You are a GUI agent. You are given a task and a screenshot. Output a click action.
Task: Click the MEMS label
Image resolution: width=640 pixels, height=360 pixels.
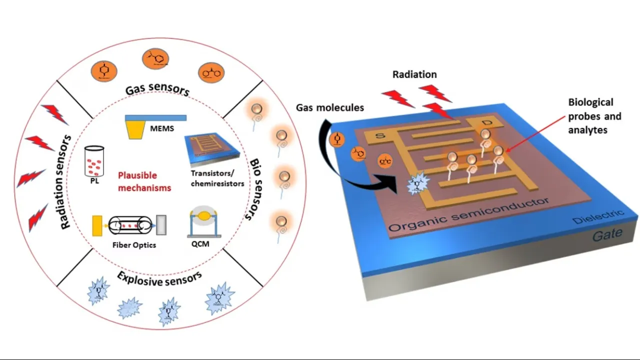162,129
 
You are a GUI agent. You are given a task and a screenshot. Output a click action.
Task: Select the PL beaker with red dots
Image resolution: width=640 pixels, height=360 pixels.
94,160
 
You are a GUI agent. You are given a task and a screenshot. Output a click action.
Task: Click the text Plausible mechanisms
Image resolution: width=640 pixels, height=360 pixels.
144,181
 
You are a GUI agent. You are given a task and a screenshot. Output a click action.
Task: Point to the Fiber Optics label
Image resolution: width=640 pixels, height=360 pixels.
134,245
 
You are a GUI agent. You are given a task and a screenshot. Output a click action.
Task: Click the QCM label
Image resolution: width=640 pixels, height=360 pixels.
199,244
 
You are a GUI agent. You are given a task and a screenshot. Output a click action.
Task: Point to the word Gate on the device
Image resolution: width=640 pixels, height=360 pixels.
607,233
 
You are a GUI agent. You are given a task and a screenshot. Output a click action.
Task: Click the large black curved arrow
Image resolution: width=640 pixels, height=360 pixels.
340,150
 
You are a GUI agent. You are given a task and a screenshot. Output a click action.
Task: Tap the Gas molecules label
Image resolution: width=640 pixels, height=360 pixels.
329,107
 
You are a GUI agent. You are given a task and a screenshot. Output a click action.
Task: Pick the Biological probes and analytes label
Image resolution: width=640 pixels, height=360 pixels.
594,116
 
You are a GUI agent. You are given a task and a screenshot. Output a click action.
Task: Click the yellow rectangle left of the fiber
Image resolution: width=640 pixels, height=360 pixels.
97,225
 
